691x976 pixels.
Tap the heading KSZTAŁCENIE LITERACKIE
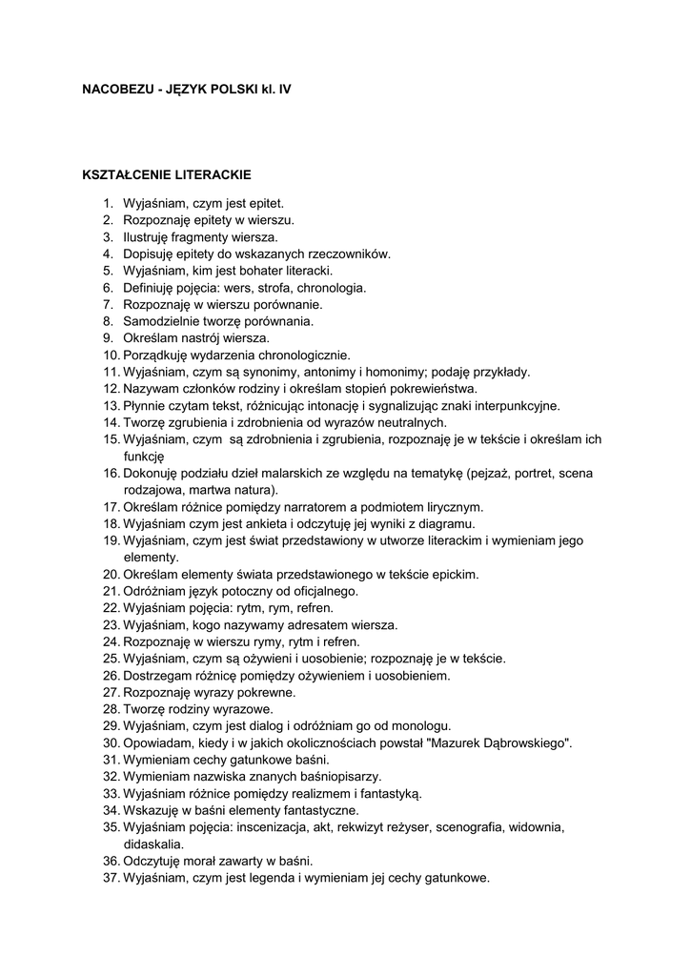pos(167,175)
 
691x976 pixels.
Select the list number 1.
pos(108,203)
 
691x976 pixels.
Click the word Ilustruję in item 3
pos(149,236)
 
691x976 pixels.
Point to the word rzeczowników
pos(348,254)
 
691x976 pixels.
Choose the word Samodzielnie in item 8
pos(160,321)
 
